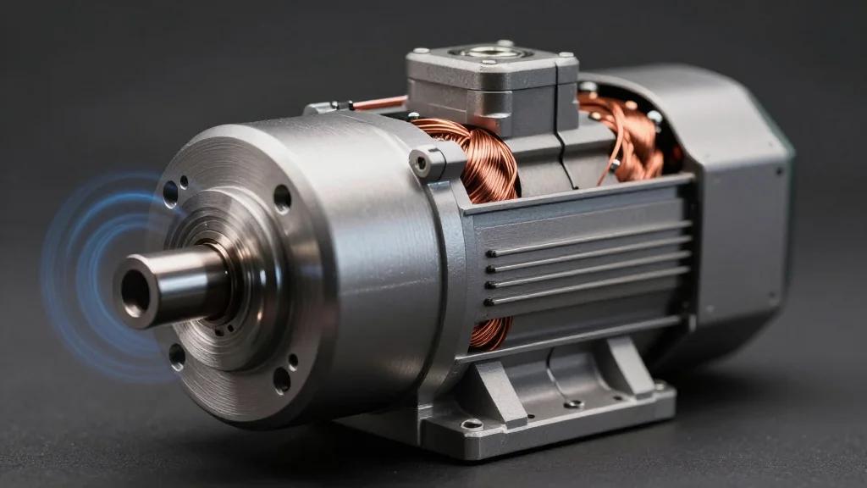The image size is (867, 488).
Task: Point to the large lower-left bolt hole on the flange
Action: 177,356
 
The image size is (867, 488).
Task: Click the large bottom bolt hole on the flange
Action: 282,380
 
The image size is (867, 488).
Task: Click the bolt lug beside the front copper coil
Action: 423,161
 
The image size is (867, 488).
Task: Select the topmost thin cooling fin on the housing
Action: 584,241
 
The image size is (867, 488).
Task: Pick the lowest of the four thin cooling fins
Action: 584,287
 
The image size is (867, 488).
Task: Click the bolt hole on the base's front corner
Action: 472,423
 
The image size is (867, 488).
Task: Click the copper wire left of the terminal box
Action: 377,103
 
